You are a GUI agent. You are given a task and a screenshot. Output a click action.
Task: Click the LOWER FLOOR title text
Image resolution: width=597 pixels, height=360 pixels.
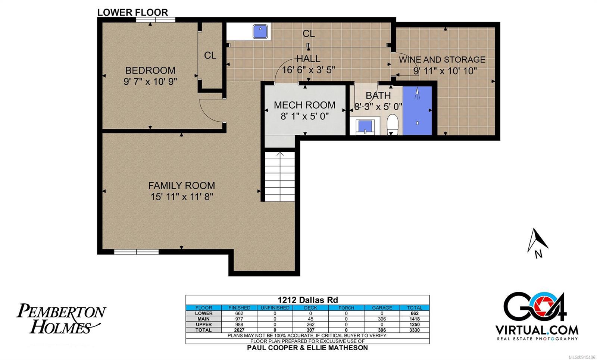pyautogui.click(x=132, y=12)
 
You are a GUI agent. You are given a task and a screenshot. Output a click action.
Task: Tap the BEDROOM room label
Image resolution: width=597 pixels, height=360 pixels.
pyautogui.click(x=150, y=71)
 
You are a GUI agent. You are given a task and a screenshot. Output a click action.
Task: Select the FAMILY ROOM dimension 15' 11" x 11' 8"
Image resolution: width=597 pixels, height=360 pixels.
pyautogui.click(x=182, y=197)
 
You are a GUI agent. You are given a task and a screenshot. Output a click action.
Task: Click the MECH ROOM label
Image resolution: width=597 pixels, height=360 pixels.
pyautogui.click(x=304, y=105)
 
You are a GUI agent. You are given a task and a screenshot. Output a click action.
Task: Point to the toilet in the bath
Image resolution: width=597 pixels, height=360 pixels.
pyautogui.click(x=392, y=125)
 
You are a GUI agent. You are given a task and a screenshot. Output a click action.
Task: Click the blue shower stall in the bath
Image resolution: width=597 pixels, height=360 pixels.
pyautogui.click(x=418, y=110)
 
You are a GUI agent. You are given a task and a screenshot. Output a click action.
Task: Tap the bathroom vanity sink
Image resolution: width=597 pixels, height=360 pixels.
pyautogui.click(x=365, y=126)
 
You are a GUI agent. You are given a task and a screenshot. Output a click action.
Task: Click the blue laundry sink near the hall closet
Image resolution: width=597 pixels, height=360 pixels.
pyautogui.click(x=260, y=31)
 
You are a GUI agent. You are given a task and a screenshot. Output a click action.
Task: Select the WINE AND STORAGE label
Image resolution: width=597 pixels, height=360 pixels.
pyautogui.click(x=442, y=59)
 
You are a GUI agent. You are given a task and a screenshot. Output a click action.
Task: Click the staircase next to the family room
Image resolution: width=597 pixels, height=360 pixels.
pyautogui.click(x=280, y=176)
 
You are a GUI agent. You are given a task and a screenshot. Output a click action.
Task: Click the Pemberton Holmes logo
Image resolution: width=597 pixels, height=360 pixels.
pyautogui.click(x=61, y=319)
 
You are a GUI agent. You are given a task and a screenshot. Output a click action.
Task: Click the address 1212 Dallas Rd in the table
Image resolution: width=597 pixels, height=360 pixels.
pyautogui.click(x=307, y=300)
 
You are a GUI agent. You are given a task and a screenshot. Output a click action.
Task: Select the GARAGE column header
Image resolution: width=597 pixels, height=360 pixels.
pyautogui.click(x=382, y=308)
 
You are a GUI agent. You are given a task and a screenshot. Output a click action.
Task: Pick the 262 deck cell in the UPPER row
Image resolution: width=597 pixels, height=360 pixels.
pyautogui.click(x=310, y=325)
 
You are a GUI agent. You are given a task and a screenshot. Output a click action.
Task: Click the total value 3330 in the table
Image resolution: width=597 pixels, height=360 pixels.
pyautogui.click(x=415, y=330)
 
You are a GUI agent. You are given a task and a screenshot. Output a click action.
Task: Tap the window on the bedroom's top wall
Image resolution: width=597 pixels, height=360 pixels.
pyautogui.click(x=156, y=20)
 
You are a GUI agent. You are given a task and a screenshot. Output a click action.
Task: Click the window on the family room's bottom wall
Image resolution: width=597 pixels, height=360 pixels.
pyautogui.click(x=137, y=252)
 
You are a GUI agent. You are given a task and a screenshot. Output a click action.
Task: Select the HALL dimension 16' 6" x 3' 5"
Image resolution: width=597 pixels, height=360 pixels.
pyautogui.click(x=308, y=70)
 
